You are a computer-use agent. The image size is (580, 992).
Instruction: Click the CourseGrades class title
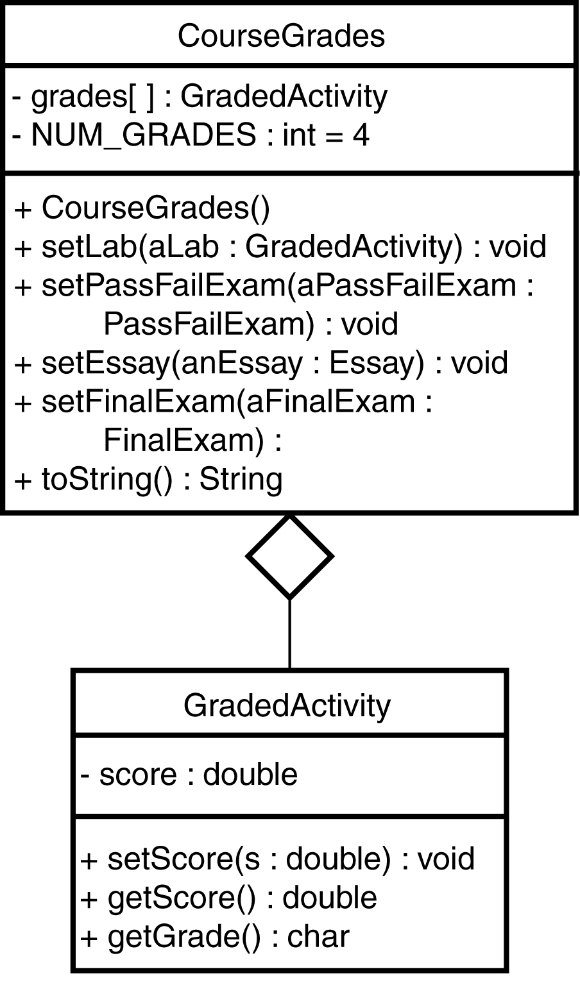281,36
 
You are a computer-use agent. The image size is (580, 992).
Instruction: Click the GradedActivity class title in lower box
287,705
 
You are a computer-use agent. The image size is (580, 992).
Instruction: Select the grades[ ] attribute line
200,96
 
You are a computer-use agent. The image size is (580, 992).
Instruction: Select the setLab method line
280,247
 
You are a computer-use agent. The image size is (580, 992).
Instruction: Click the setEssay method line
260,363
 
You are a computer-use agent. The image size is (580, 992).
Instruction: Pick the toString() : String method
148,479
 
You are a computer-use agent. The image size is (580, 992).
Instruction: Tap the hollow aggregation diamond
289,556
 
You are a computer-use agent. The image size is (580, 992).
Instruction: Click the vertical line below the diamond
289,635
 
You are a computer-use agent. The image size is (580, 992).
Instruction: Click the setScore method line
277,859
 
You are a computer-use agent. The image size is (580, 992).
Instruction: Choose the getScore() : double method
228,898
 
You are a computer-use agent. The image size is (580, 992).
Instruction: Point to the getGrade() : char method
215,936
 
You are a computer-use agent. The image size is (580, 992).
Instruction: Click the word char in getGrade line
318,936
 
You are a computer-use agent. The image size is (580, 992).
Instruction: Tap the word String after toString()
241,479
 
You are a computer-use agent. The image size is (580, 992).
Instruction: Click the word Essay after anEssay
375,363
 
